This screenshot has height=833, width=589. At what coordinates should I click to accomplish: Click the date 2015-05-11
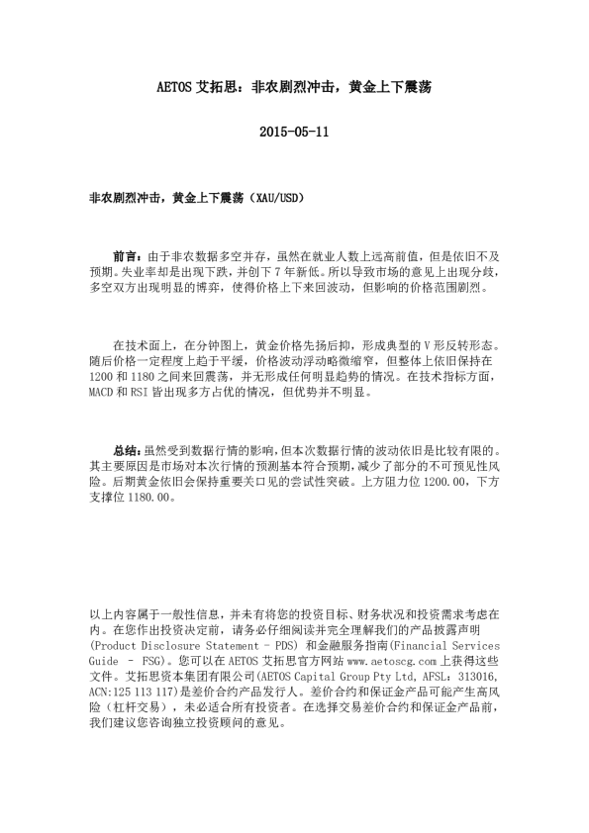pos(293,132)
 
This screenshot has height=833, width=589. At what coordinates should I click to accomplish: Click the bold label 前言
pos(127,254)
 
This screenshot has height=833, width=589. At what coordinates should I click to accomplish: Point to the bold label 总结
pos(127,449)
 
